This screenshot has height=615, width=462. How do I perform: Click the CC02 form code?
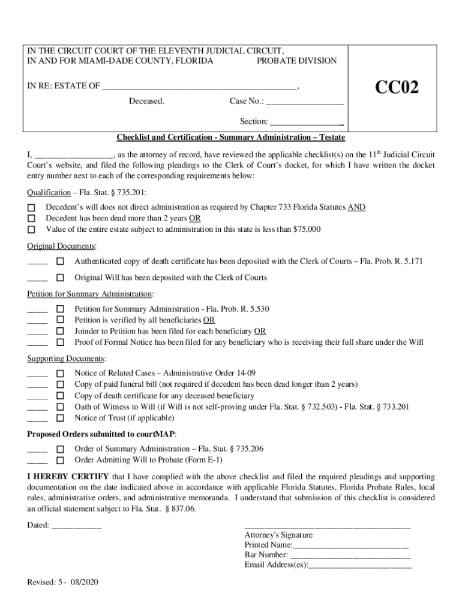[397, 88]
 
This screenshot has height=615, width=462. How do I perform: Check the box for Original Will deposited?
[60, 277]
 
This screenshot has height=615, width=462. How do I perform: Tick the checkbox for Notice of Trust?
[60, 418]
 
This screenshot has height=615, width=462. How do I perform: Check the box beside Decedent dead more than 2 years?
[32, 219]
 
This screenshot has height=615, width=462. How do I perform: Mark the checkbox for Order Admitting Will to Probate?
[60, 460]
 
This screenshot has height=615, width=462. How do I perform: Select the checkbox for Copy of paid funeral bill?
[60, 384]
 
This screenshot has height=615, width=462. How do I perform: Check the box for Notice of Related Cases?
[60, 373]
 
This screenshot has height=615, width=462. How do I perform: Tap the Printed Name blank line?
[351, 545]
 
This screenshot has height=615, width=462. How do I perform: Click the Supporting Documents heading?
[67, 359]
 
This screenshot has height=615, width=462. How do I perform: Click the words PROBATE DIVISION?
[296, 61]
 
